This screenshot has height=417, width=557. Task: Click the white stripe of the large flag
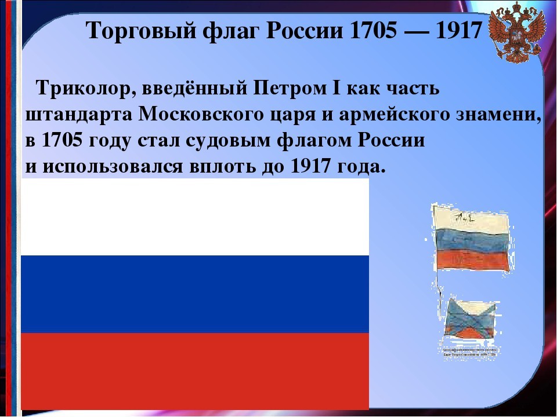pyautogui.click(x=194, y=217)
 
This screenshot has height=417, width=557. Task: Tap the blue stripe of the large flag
pyautogui.click(x=194, y=294)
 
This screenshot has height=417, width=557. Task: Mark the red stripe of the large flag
pyautogui.click(x=194, y=371)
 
